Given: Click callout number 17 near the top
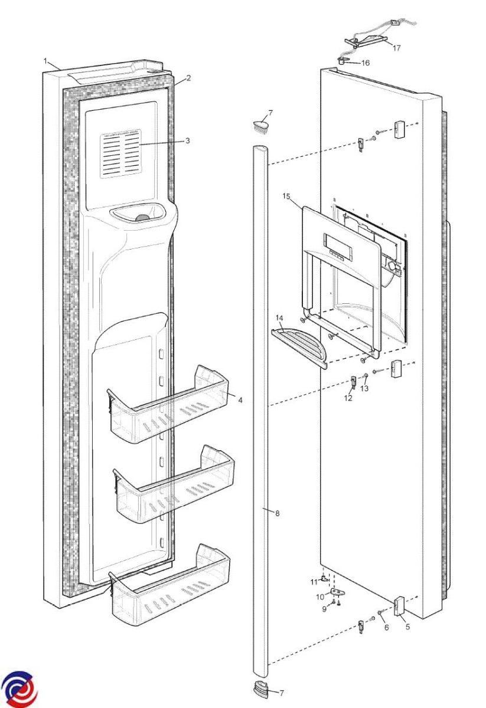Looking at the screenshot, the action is (397, 48).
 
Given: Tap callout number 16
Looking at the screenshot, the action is (366, 63).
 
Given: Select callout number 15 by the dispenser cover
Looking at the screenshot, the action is (286, 196).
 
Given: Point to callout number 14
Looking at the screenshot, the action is (279, 317).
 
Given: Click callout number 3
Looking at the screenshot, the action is (188, 140).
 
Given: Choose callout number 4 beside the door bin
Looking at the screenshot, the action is (240, 400).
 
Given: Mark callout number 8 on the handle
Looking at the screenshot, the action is (278, 513).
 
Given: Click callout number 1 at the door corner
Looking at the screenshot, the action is (45, 61).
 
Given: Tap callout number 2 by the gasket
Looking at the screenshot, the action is (188, 78).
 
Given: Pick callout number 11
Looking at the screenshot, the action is (314, 582).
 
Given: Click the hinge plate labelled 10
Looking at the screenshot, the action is (337, 591).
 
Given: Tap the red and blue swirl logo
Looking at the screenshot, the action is (19, 689).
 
